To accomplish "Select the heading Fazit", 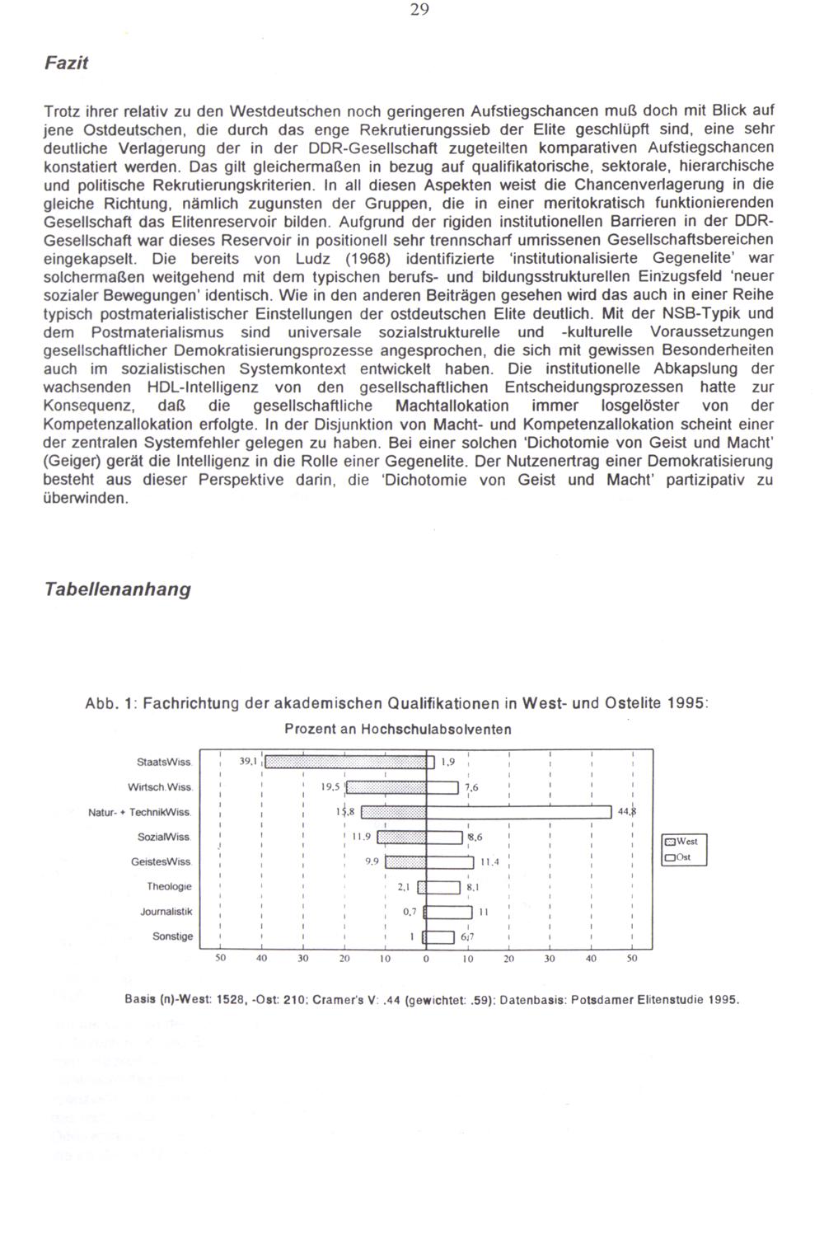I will tap(66, 63).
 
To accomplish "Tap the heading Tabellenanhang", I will tap(117, 589).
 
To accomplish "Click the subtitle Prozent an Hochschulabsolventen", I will tap(398, 730).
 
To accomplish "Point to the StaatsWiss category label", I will tap(165, 763).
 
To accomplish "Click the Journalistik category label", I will tap(166, 912).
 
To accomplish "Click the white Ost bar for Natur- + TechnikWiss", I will tap(518, 812).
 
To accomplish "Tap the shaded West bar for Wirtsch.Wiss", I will tap(386, 787).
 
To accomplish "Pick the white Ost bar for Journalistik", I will tap(448, 912).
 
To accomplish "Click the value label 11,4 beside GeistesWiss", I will tap(489, 862).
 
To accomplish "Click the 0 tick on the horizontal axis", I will tap(426, 959).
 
